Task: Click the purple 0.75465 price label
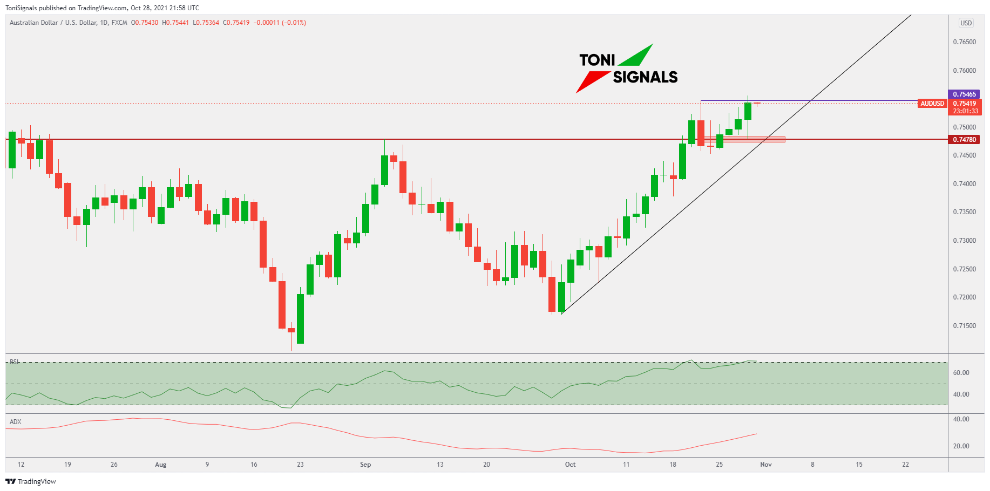click(964, 94)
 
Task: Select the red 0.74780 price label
click(964, 140)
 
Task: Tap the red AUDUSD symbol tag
click(932, 104)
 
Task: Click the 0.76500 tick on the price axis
click(964, 42)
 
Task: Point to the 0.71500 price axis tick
click(964, 326)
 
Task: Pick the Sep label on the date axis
click(365, 465)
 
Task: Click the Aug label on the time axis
click(160, 465)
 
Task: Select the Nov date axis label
click(765, 465)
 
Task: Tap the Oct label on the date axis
click(570, 465)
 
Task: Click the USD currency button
click(966, 23)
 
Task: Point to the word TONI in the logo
click(597, 60)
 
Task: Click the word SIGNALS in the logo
click(645, 78)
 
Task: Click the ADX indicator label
click(16, 422)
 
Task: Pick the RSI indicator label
click(15, 362)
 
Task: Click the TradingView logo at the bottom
click(31, 482)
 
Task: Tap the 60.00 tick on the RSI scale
click(961, 373)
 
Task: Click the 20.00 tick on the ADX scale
click(961, 446)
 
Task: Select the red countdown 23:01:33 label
click(965, 111)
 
